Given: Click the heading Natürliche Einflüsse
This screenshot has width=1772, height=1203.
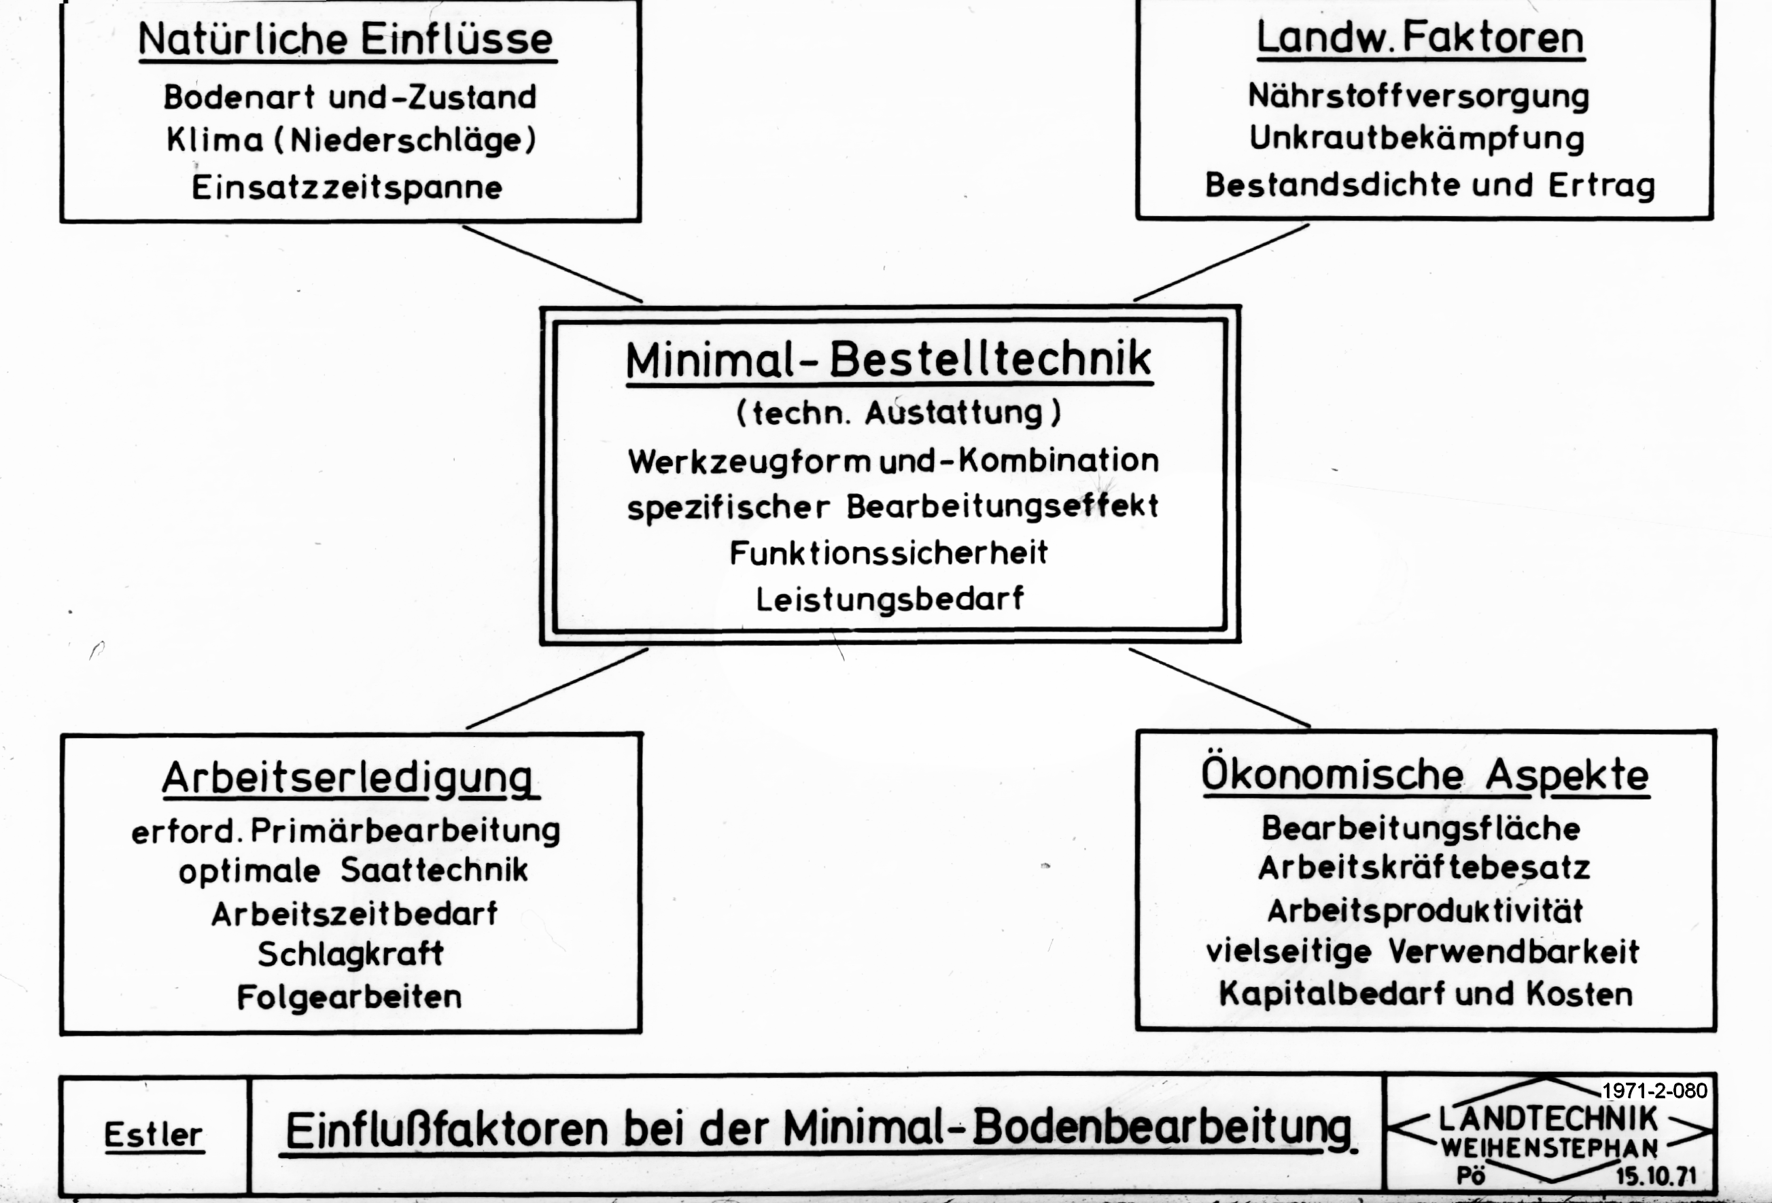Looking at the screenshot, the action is click(347, 39).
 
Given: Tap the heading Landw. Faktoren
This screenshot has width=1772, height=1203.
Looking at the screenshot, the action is click(1421, 37).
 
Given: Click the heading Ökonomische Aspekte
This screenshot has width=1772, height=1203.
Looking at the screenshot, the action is click(1426, 775).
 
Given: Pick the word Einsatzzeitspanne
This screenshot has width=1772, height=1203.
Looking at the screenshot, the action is click(347, 188).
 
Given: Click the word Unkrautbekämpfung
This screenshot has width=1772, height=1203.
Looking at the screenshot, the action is click(1417, 139).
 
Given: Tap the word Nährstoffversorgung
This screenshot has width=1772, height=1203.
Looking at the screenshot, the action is click(1418, 97).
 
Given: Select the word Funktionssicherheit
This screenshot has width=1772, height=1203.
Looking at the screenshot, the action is click(889, 553).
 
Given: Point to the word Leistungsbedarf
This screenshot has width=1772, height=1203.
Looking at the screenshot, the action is click(890, 599).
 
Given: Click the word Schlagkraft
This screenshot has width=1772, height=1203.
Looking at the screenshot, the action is click(351, 954).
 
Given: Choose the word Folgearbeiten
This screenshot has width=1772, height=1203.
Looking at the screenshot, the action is click(349, 997).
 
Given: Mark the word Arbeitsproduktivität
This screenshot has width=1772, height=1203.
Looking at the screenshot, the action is click(1425, 911).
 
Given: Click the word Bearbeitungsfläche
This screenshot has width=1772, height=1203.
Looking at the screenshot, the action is click(1421, 829).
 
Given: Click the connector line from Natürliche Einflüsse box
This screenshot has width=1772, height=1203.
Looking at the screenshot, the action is click(552, 264).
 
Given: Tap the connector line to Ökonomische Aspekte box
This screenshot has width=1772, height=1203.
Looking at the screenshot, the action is click(1220, 688).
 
